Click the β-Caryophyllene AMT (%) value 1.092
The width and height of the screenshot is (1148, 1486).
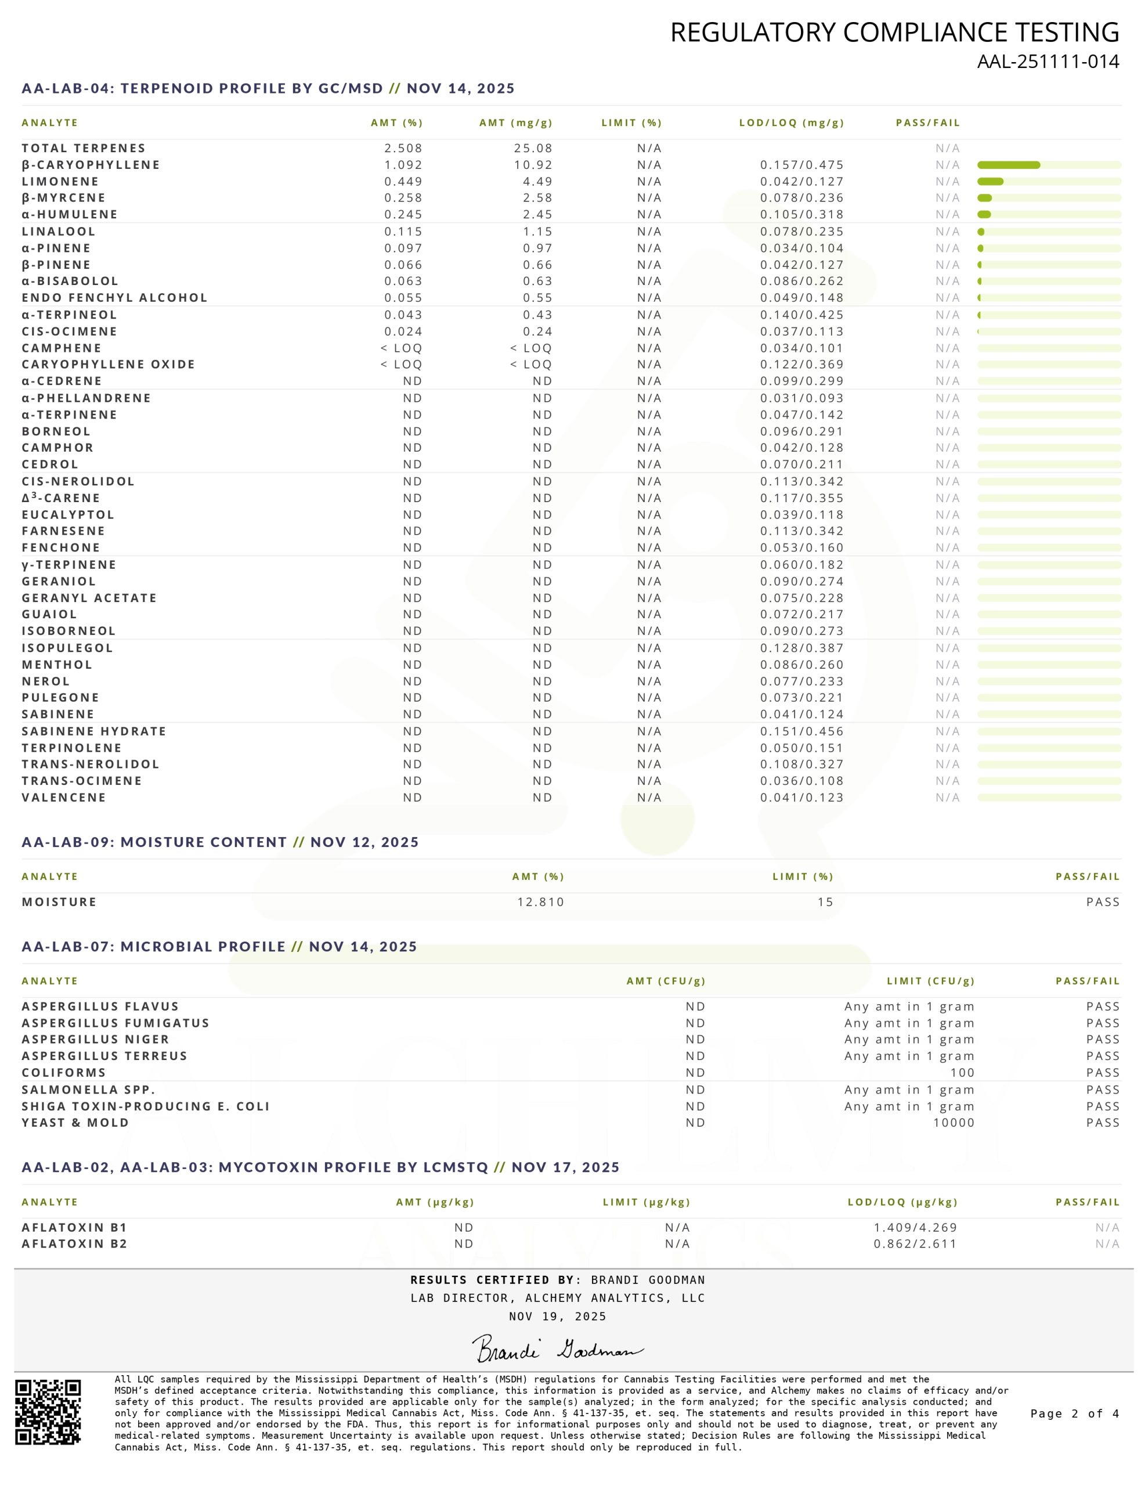coord(403,165)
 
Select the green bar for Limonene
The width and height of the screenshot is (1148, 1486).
coord(990,182)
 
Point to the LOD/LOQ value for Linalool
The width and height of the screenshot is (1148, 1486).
coord(802,232)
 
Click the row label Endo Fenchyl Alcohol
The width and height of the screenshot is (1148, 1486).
coord(114,298)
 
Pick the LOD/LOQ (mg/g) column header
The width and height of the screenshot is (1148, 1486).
coord(792,123)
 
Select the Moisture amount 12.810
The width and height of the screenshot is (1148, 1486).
coord(540,902)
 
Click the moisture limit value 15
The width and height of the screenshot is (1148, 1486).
coord(825,902)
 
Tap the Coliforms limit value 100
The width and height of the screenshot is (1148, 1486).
coord(962,1073)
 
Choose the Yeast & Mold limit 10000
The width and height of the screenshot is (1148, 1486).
coord(954,1123)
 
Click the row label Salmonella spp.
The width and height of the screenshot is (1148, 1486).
coord(88,1090)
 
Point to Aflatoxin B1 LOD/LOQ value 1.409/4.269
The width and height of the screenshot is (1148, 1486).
coord(915,1228)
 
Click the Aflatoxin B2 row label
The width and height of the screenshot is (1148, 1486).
coord(74,1244)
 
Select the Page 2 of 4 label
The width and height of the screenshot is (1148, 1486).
coord(1074,1413)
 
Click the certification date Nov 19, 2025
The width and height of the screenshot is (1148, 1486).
coord(557,1317)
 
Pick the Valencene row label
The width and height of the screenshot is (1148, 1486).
coord(64,798)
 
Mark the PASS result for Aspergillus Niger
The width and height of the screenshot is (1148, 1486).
coord(1102,1040)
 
